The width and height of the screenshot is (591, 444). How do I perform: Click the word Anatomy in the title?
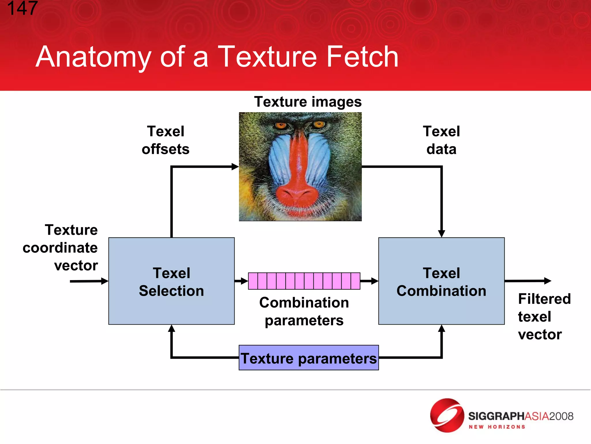(x=93, y=57)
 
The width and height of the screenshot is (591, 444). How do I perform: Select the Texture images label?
(x=308, y=102)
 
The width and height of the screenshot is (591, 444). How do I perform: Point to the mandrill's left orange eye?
(x=280, y=125)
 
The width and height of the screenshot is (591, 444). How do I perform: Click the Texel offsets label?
(x=165, y=140)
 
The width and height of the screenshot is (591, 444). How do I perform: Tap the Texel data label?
(x=441, y=140)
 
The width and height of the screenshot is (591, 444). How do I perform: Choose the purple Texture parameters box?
(x=308, y=358)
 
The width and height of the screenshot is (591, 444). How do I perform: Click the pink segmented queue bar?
(x=304, y=281)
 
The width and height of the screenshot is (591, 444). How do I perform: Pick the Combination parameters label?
(x=304, y=311)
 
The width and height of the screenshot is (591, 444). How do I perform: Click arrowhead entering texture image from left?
(x=235, y=167)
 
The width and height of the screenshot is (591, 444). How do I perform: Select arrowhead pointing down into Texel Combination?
(x=441, y=234)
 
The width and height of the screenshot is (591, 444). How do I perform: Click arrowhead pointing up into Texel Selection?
(x=171, y=328)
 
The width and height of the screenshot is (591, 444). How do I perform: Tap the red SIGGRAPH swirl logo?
(x=447, y=415)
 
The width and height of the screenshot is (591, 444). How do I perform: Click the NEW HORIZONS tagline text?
(x=497, y=427)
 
